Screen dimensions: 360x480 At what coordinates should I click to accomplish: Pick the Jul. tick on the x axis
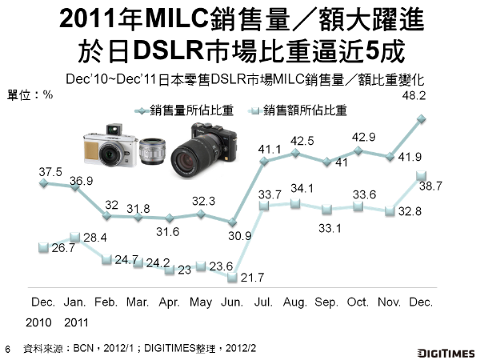click(x=264, y=303)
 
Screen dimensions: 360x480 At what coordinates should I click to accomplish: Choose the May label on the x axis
click(x=200, y=303)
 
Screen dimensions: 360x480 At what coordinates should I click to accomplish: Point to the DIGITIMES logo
click(x=446, y=350)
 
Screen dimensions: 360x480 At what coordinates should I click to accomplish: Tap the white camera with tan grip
click(x=105, y=149)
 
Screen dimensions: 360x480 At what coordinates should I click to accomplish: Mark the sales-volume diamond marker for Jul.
click(x=263, y=162)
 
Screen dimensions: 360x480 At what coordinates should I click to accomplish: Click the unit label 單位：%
click(x=30, y=94)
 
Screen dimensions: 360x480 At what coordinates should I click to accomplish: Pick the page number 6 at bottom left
click(x=7, y=349)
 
